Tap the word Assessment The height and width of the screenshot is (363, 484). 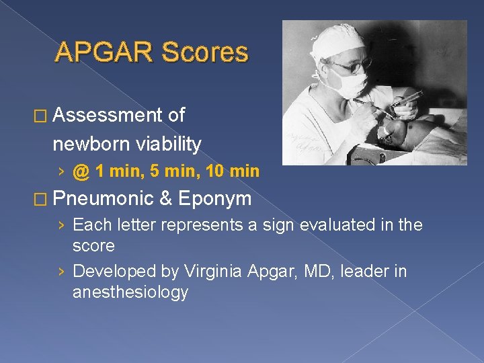click(x=107, y=115)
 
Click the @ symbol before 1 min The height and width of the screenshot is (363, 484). click(x=81, y=171)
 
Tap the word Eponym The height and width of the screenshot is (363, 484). click(x=215, y=199)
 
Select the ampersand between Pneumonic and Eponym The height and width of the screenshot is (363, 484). click(x=165, y=199)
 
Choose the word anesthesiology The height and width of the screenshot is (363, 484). click(x=130, y=292)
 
